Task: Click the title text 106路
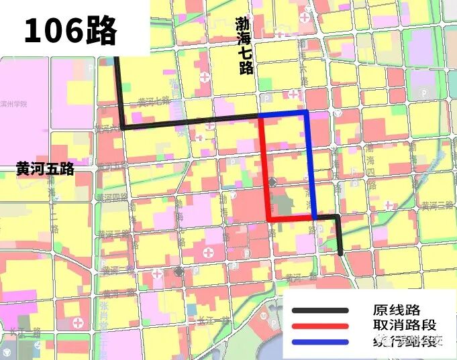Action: click(x=70, y=30)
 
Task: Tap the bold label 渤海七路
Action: click(x=244, y=46)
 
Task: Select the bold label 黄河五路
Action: click(x=45, y=170)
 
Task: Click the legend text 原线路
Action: click(x=396, y=310)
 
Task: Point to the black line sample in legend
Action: click(x=320, y=310)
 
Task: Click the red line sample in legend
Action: click(x=320, y=326)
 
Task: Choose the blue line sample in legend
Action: click(x=320, y=343)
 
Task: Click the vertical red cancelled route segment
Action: click(x=264, y=168)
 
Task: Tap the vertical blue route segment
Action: click(x=310, y=168)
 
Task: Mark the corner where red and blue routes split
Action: click(x=260, y=117)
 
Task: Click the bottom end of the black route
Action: click(x=341, y=253)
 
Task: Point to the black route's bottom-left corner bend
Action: click(x=123, y=127)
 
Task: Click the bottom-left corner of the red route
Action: click(x=269, y=219)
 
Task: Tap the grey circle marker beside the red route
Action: click(x=272, y=182)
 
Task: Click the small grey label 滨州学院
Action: click(x=13, y=105)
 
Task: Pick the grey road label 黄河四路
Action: click(x=111, y=198)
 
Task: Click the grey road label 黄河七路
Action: click(x=153, y=102)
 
